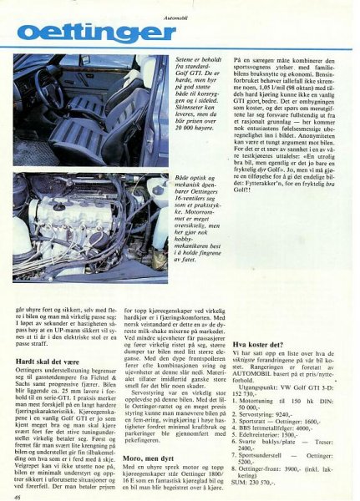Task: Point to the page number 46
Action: tap(18, 495)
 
